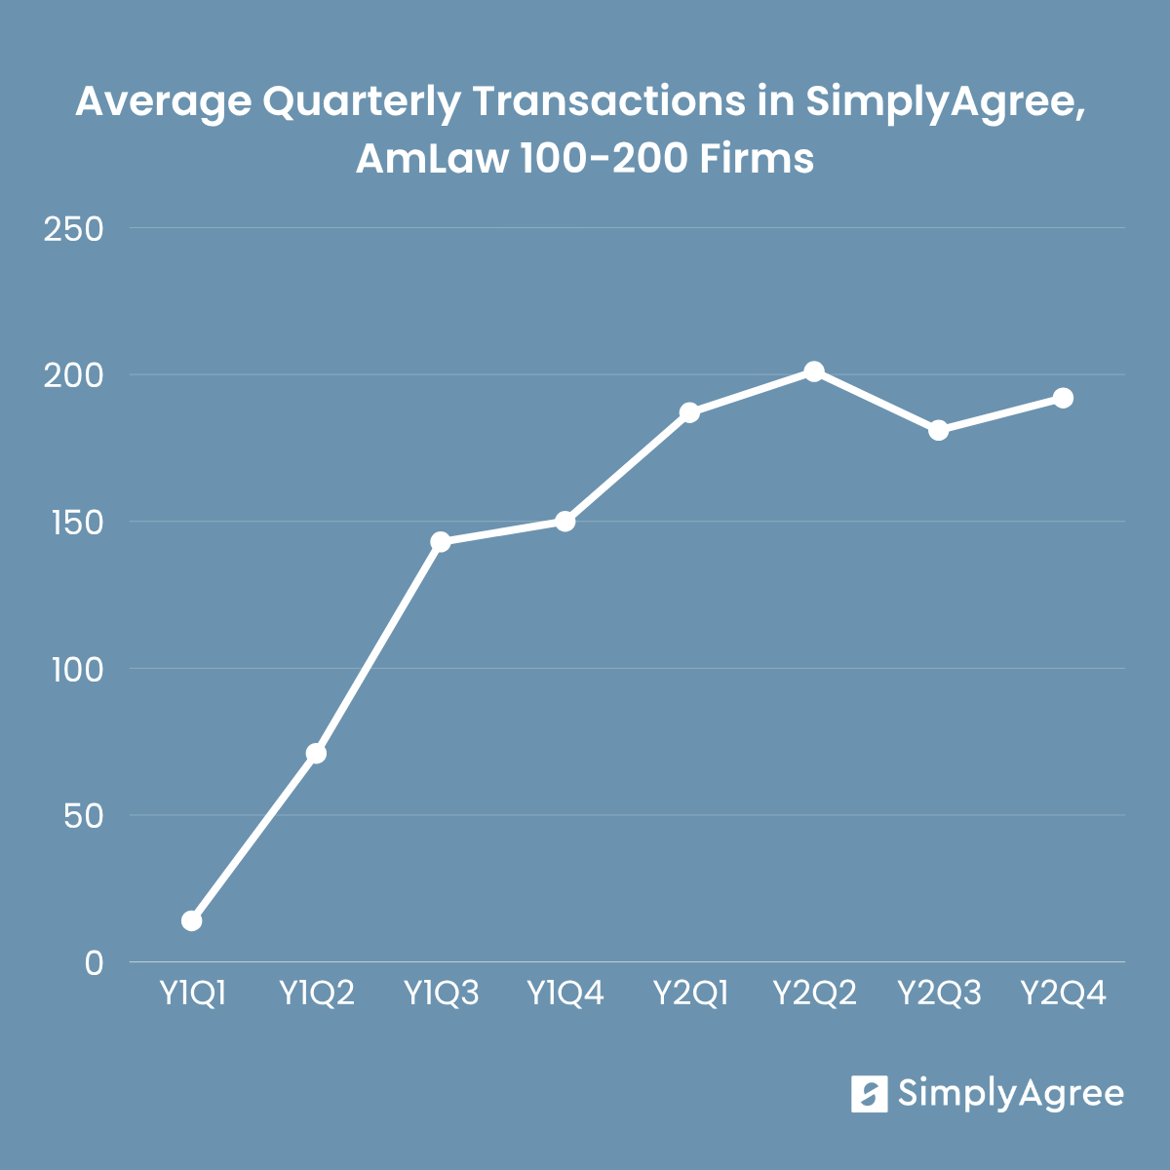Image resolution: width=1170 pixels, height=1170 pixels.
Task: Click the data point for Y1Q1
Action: click(x=192, y=920)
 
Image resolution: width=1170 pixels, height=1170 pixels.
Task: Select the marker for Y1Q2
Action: click(x=316, y=754)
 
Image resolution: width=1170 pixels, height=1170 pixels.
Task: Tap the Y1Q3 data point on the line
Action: click(x=441, y=542)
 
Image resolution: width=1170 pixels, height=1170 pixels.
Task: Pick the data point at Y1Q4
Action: click(x=565, y=522)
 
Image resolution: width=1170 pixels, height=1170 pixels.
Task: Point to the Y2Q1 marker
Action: click(x=689, y=412)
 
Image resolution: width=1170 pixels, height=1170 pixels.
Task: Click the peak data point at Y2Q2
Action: click(x=814, y=371)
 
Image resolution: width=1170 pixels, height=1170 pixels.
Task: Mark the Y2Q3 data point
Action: click(x=939, y=430)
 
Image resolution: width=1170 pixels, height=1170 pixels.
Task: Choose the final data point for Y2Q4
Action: click(x=1063, y=398)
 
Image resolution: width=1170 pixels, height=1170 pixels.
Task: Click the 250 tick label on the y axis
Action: click(x=74, y=229)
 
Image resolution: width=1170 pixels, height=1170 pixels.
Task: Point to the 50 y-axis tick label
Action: click(x=83, y=816)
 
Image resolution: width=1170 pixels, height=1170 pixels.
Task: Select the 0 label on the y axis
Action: click(x=94, y=963)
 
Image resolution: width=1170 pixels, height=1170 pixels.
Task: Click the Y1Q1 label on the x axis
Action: click(x=192, y=994)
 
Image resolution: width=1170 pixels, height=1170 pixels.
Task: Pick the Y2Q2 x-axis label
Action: click(x=814, y=994)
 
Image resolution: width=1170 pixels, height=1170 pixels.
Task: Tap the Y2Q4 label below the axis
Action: click(x=1063, y=994)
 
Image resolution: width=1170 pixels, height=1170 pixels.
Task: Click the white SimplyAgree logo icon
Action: click(x=869, y=1094)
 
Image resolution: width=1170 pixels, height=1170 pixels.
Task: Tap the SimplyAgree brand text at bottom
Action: click(x=1010, y=1094)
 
